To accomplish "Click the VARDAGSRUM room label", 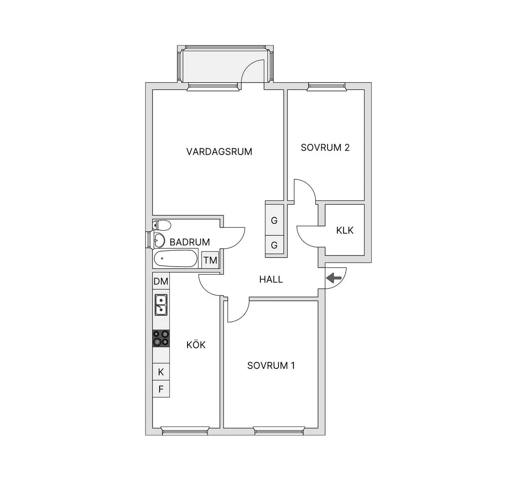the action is coord(219,152).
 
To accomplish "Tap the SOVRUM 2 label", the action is coord(325,148).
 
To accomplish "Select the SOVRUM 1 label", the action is coord(271,366).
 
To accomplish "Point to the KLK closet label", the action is coord(345,230).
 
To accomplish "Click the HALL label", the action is coord(271,279).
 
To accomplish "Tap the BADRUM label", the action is coord(189,242).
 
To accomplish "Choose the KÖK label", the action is coord(196,345).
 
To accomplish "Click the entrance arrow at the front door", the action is coord(334,278).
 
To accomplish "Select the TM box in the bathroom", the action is coord(210,260).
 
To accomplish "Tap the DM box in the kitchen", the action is coord(161,281).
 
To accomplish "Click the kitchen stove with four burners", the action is coord(161,339).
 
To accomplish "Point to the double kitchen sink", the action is coord(161,305).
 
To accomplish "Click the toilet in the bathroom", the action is coord(162,225).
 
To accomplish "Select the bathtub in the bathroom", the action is coord(175,258).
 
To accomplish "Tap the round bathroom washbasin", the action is coord(159,240).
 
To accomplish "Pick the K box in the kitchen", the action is coord(161,372).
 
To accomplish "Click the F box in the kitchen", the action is coord(161,389).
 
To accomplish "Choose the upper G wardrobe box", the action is coord(275,220).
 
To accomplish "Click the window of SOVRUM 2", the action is coord(327,87).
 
